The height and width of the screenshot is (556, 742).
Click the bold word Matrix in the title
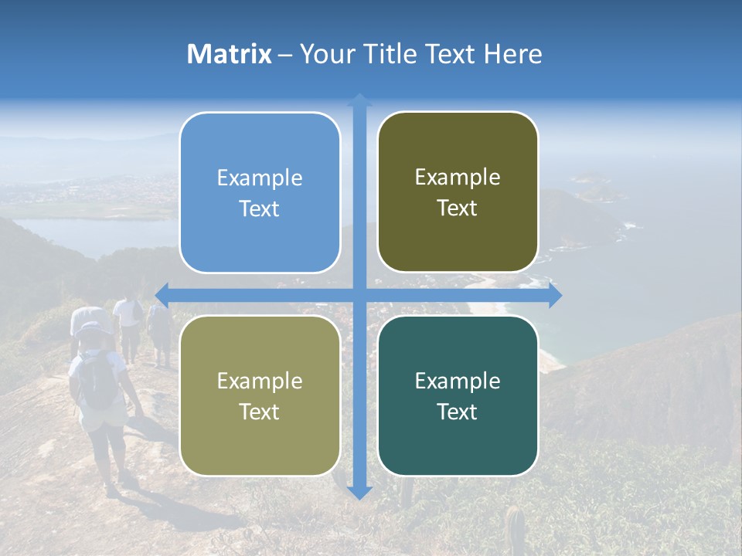[230, 54]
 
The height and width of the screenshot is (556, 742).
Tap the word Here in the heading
[512, 54]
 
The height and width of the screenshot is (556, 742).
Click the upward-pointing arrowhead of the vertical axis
[359, 100]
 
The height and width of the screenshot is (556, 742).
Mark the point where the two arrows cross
[359, 295]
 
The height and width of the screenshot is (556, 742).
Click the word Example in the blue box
[260, 178]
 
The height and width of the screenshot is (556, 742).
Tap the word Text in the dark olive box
[458, 208]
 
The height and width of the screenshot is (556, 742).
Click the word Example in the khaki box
[260, 381]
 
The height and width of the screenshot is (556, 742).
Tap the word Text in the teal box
[458, 412]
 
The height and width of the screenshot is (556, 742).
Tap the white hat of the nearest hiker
[94, 328]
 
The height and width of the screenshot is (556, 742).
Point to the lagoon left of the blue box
[85, 234]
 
